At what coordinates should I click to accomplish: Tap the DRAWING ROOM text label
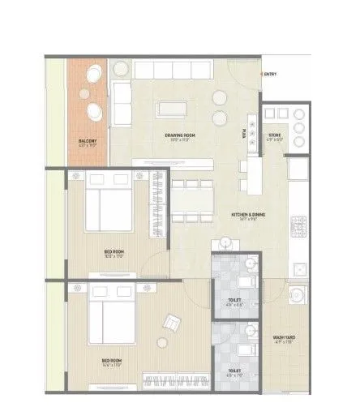click(177, 136)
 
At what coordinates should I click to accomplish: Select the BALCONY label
click(88, 142)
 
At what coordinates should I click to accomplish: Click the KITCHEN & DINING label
click(242, 216)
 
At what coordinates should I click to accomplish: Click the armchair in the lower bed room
click(173, 323)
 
